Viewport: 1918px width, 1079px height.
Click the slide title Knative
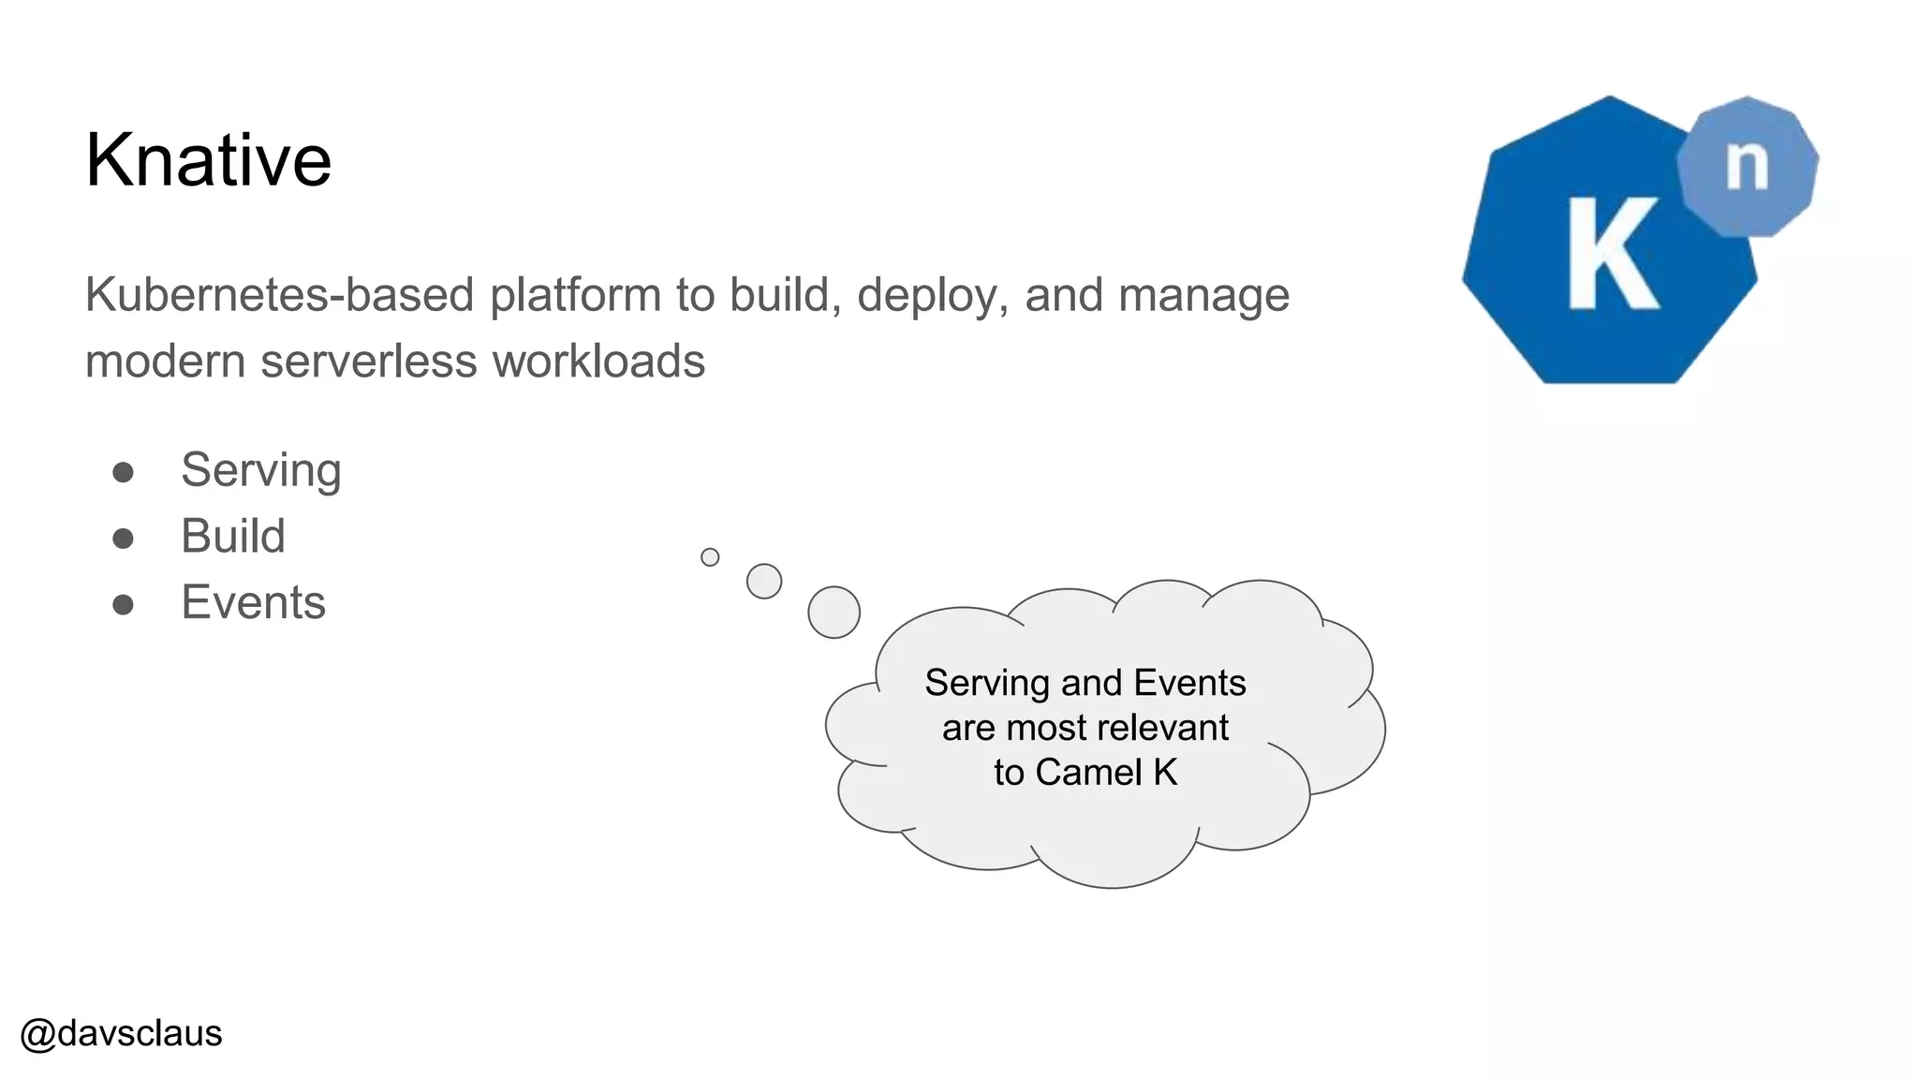pyautogui.click(x=208, y=160)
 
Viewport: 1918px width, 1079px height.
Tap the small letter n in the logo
pyautogui.click(x=1747, y=167)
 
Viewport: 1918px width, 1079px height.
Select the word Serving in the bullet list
pyautogui.click(x=260, y=470)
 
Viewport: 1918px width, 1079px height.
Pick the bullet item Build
pyautogui.click(x=232, y=537)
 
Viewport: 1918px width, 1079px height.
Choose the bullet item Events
pyautogui.click(x=253, y=602)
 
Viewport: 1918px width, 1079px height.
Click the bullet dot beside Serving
pyautogui.click(x=123, y=472)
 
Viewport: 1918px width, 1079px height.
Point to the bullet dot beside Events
pyautogui.click(x=123, y=605)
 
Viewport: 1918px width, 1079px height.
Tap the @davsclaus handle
pyautogui.click(x=121, y=1033)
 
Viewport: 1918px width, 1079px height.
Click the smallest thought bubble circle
pyautogui.click(x=710, y=557)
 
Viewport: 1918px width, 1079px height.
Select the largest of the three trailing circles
pyautogui.click(x=834, y=613)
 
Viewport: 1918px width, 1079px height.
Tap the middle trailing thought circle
pyautogui.click(x=764, y=582)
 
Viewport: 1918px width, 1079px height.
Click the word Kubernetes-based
pyautogui.click(x=279, y=295)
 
